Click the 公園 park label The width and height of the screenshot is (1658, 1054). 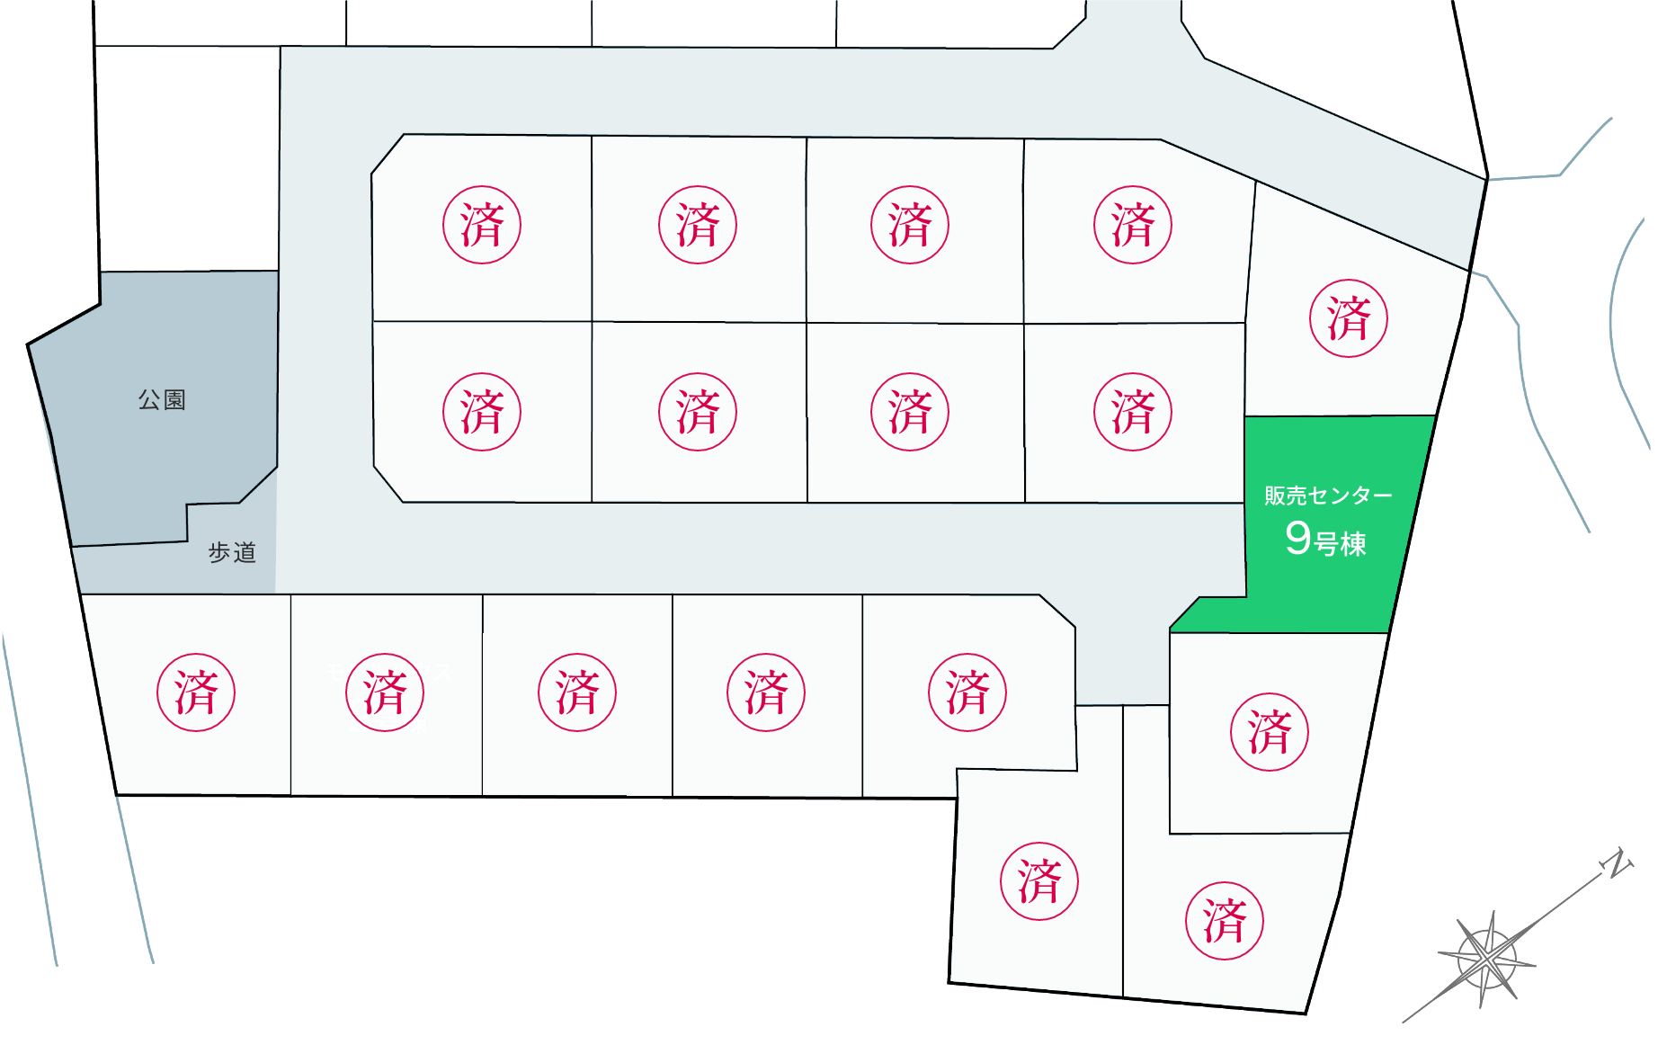(162, 400)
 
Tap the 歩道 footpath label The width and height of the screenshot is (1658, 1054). (232, 552)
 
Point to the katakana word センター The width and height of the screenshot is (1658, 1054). (1351, 496)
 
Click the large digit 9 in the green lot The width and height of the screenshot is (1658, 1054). (1297, 539)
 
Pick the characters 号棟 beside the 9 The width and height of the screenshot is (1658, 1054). (1341, 544)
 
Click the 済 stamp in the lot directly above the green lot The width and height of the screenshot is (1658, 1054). (1348, 318)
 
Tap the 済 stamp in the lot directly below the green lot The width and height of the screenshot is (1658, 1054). (1269, 732)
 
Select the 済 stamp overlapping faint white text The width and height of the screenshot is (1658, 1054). (385, 692)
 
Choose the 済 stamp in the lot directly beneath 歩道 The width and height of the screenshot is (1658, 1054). (196, 692)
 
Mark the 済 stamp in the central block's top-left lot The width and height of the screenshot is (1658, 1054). (482, 225)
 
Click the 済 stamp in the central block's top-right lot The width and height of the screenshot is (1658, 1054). (1133, 225)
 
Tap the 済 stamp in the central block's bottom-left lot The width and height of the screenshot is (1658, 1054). (482, 412)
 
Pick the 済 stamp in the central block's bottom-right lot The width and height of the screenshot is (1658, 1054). (1133, 412)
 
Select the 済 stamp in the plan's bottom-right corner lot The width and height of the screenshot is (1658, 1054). (1224, 921)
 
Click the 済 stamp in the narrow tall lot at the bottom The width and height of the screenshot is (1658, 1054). (1039, 881)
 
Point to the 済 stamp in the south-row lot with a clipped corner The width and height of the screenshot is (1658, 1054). (967, 692)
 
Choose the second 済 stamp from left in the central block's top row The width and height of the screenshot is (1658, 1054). (698, 225)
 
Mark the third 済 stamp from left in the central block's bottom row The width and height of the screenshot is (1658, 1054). (910, 412)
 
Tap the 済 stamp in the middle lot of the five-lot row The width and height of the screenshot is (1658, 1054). (577, 692)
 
